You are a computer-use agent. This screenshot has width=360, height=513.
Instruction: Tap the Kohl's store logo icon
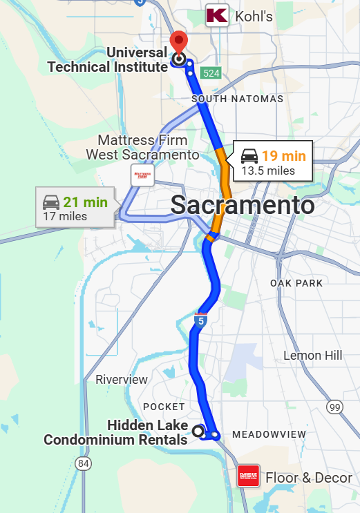tap(217, 15)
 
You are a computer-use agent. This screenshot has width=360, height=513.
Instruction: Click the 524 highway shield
tap(210, 72)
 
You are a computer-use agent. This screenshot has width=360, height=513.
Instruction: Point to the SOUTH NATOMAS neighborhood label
tap(238, 99)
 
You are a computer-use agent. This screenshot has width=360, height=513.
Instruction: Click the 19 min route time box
tap(273, 162)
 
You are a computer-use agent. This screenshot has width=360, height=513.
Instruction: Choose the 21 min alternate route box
tap(75, 208)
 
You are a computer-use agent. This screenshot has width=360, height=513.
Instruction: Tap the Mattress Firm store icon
tap(142, 175)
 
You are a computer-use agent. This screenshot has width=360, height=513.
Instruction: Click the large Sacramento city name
tap(242, 205)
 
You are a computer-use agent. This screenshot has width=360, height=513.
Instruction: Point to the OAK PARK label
tap(296, 284)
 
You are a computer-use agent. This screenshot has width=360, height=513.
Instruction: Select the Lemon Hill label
tap(312, 356)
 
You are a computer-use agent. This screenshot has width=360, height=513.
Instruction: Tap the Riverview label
tap(122, 380)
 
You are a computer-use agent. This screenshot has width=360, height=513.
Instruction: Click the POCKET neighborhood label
tap(164, 407)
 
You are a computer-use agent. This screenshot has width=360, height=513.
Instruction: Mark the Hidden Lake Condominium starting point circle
tap(198, 432)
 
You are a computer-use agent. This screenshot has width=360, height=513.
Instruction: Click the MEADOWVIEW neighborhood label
tap(268, 434)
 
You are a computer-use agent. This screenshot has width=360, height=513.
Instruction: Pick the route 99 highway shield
tap(334, 407)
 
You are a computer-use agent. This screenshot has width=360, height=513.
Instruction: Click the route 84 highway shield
tap(84, 462)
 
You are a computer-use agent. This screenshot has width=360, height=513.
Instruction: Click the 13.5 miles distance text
tap(268, 171)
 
